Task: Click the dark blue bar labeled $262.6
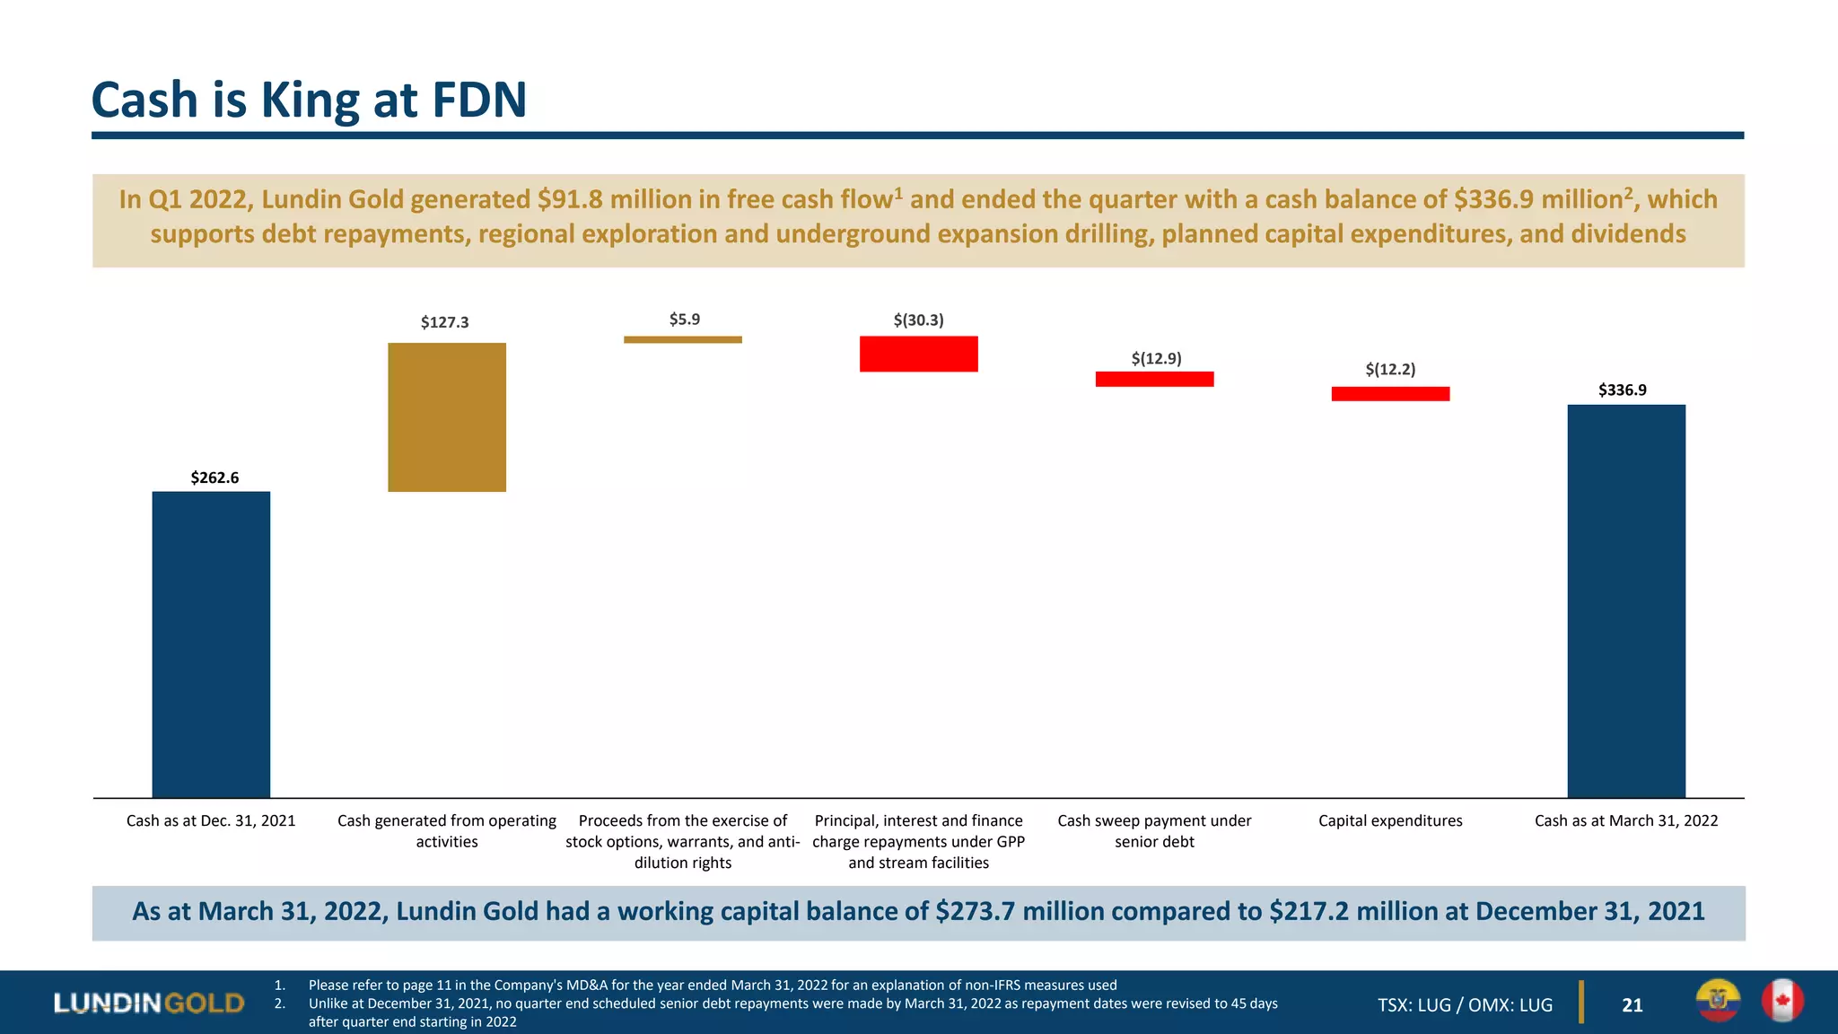click(211, 644)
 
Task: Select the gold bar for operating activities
click(446, 417)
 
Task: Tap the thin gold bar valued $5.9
click(682, 339)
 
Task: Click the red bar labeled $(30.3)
click(918, 354)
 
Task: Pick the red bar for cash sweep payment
click(1154, 379)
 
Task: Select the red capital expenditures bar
click(1390, 393)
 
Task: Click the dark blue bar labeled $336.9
click(1625, 600)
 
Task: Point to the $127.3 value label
click(444, 322)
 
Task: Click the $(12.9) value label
click(1156, 359)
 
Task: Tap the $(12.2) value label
click(1390, 369)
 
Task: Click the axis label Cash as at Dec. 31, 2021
click(211, 820)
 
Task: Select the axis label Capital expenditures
click(1390, 820)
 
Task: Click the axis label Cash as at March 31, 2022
click(1625, 820)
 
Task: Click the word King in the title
click(311, 101)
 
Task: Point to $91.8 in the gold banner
click(570, 199)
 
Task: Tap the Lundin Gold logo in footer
click(149, 1003)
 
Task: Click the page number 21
click(1632, 1005)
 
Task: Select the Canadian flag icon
click(1781, 1001)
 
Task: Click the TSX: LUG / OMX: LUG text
click(1465, 1005)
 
